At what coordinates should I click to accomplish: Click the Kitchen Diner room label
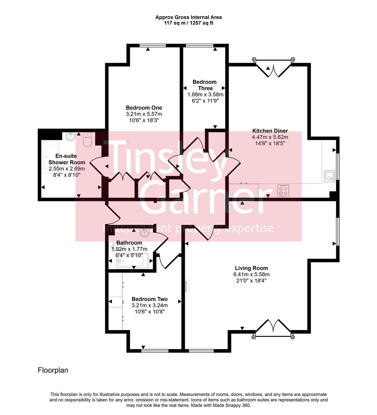pyautogui.click(x=270, y=131)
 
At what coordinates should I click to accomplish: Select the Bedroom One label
pyautogui.click(x=144, y=108)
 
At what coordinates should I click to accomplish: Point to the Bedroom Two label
pyautogui.click(x=149, y=299)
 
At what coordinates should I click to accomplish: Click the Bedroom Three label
pyautogui.click(x=204, y=85)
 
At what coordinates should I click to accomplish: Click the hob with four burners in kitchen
pyautogui.click(x=283, y=190)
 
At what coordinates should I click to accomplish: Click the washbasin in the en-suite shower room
pyautogui.click(x=70, y=136)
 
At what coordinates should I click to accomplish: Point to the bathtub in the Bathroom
pyautogui.click(x=131, y=262)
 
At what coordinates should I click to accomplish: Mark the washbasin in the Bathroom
pyautogui.click(x=144, y=232)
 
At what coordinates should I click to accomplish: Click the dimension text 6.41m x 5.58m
pyautogui.click(x=251, y=274)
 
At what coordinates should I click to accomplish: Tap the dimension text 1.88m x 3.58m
pyautogui.click(x=205, y=95)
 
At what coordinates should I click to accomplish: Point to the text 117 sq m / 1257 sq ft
pyautogui.click(x=188, y=23)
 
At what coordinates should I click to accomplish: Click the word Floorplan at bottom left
pyautogui.click(x=53, y=370)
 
